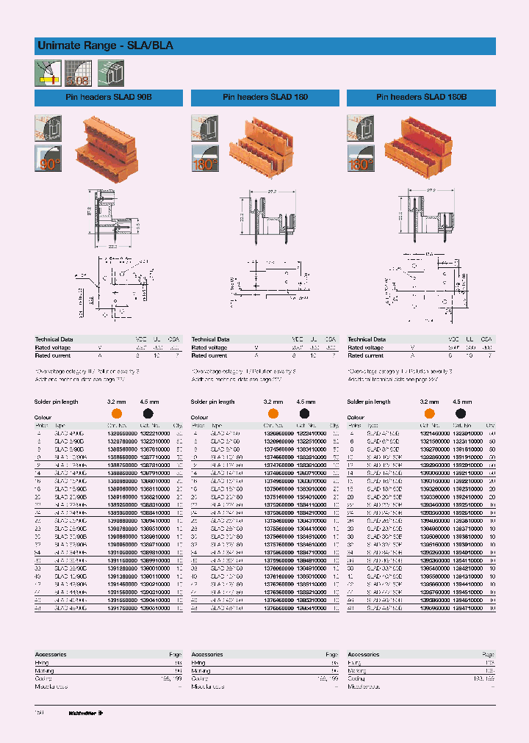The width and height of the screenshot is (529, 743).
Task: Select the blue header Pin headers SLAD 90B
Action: tap(109, 98)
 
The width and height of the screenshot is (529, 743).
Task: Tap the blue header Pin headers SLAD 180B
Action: tap(421, 98)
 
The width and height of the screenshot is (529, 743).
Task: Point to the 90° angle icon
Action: tap(48, 159)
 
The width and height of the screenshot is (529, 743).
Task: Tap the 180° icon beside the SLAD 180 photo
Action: tap(204, 159)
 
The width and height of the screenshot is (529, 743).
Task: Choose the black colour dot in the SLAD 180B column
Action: tap(461, 413)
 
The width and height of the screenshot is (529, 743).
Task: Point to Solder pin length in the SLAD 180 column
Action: tap(213, 402)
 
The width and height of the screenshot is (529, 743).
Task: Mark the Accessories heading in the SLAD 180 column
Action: tap(206, 653)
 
